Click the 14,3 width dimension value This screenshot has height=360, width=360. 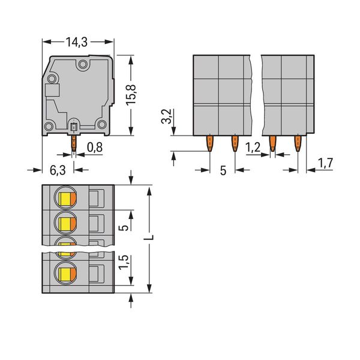[77, 42]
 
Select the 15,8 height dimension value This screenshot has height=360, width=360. [131, 95]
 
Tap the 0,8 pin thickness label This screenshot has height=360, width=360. [95, 147]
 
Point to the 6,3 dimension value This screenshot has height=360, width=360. [58, 170]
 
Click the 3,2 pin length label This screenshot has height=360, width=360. [166, 116]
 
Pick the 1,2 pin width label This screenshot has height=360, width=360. [253, 147]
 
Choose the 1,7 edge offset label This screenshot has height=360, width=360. [325, 163]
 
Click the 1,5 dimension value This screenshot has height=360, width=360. [124, 262]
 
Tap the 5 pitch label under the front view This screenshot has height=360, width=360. [223, 170]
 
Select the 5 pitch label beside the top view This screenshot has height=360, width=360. [124, 228]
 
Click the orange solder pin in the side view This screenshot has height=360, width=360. [74, 143]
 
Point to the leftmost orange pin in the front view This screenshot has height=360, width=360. [210, 143]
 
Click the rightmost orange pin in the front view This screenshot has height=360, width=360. [298, 143]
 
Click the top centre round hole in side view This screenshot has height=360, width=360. [83, 64]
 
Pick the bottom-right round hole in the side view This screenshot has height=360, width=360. [102, 125]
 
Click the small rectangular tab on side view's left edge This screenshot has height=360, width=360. [52, 90]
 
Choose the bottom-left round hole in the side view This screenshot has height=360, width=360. [49, 126]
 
